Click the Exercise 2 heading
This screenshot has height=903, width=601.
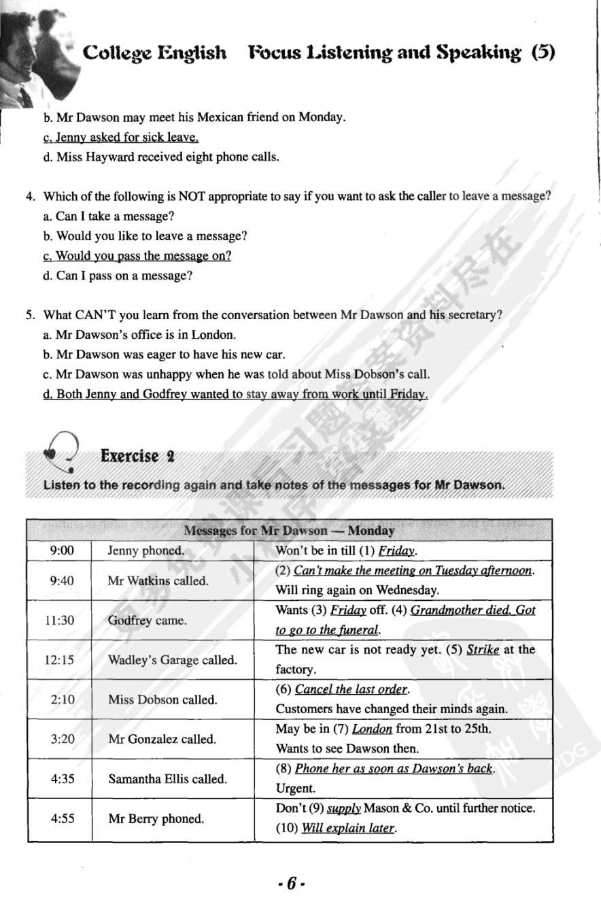coord(137,456)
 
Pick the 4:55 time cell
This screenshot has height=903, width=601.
coord(62,819)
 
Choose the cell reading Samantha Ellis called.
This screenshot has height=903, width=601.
coord(168,778)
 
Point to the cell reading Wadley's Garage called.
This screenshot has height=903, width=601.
coord(173,660)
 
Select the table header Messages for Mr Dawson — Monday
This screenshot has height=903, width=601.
coord(289,530)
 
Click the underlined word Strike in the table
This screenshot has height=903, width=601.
coord(483,650)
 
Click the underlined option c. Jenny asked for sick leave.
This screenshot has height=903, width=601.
coord(120,137)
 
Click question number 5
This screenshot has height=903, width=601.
coord(30,315)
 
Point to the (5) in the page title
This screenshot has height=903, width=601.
coord(543,52)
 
